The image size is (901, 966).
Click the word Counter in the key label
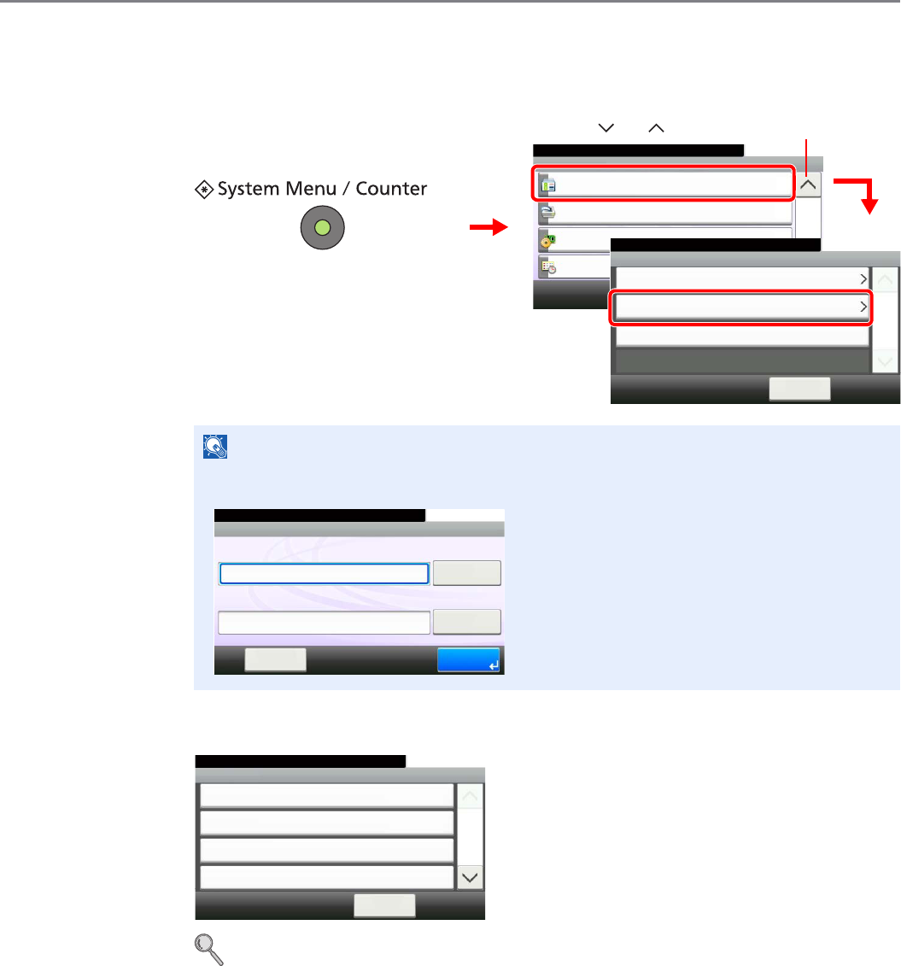[x=391, y=189]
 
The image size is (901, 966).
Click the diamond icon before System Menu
[x=205, y=189]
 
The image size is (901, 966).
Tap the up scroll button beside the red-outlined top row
[x=807, y=184]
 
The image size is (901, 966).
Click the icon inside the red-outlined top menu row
[x=549, y=184]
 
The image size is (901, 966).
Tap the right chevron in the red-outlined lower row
[x=863, y=307]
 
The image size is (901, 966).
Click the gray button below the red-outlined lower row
[x=799, y=389]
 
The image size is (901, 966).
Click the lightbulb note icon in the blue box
[x=214, y=446]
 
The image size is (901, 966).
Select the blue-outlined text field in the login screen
[x=324, y=573]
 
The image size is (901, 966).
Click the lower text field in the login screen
[x=324, y=622]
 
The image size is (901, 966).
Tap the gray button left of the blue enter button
[x=275, y=659]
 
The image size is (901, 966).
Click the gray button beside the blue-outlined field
[x=466, y=573]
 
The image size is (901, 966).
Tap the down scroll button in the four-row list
[x=471, y=877]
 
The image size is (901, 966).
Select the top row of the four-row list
[x=326, y=796]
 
